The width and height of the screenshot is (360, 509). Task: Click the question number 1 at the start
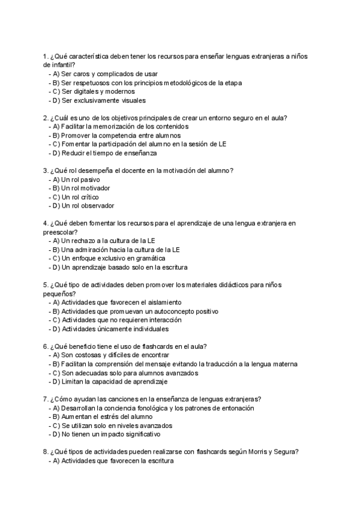[46, 55]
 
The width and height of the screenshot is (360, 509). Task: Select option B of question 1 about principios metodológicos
[146, 82]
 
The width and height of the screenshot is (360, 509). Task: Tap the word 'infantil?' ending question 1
[59, 64]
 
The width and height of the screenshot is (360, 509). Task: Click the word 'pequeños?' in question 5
[59, 294]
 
